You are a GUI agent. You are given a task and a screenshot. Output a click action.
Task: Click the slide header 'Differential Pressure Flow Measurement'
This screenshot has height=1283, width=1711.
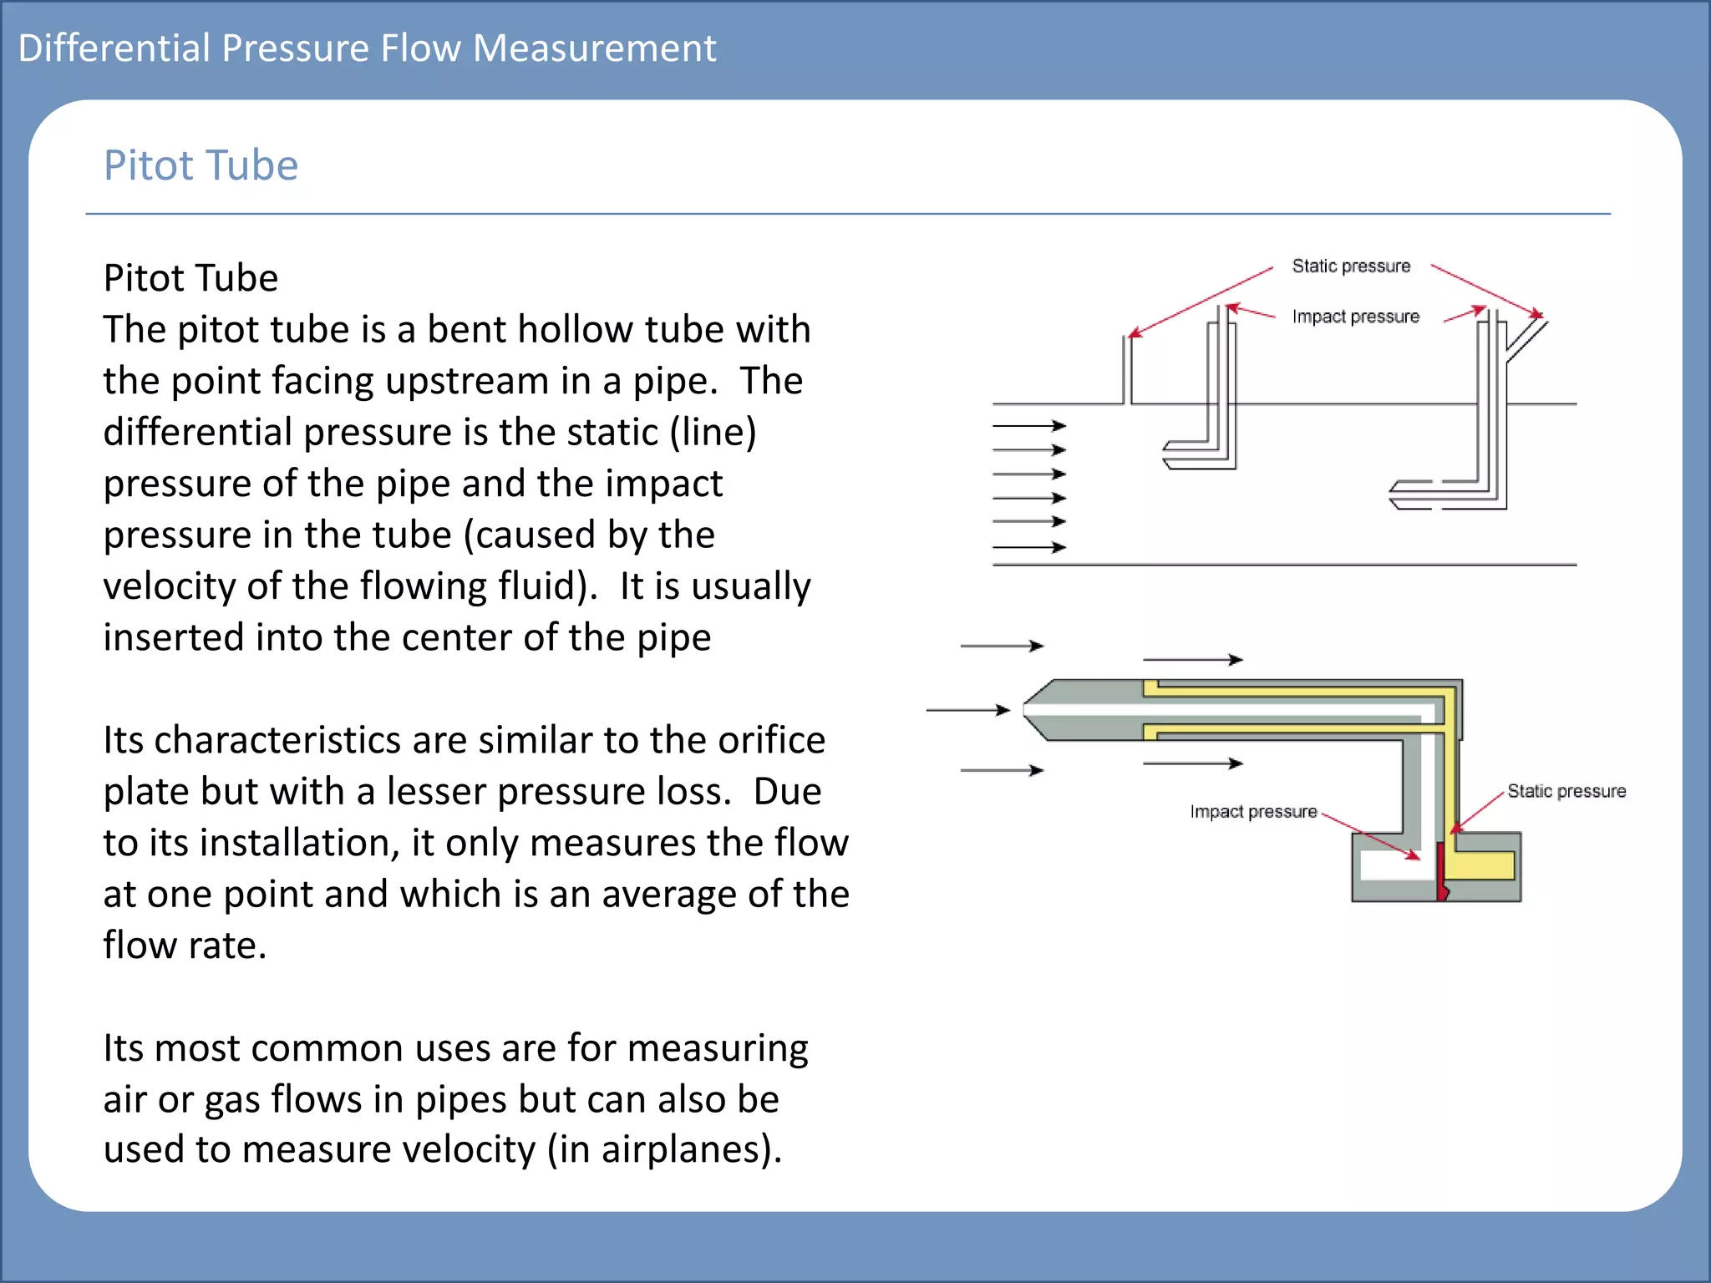point(367,48)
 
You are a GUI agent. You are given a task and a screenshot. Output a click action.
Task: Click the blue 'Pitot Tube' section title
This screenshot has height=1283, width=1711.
point(201,165)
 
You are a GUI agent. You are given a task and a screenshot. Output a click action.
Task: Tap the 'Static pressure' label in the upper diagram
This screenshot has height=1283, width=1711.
point(1351,266)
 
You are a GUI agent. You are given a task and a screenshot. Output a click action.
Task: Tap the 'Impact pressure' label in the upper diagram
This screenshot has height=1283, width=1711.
point(1355,317)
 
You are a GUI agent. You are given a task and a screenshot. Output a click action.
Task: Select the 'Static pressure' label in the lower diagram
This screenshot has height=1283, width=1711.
point(1566,791)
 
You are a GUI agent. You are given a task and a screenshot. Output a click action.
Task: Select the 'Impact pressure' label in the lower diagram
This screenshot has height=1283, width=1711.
point(1253,812)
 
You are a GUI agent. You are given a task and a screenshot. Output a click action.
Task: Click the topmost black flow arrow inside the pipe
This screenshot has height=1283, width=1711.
point(1029,426)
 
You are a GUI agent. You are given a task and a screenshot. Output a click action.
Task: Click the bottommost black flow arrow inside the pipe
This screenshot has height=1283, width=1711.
point(1029,547)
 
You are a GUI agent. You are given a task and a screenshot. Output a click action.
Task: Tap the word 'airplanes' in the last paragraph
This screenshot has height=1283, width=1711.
point(682,1150)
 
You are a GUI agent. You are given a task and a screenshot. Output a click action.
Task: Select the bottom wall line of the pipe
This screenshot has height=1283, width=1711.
point(1284,565)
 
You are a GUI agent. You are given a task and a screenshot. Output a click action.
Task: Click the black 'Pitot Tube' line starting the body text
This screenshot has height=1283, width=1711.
point(190,278)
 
